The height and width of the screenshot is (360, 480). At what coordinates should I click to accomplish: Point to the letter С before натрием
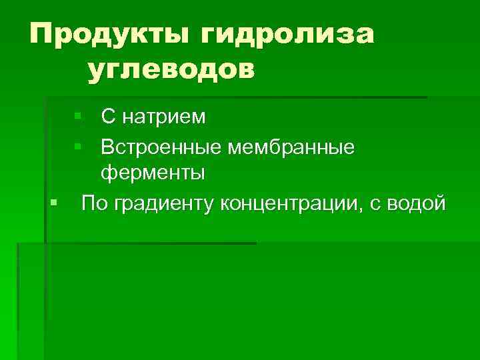[109, 117]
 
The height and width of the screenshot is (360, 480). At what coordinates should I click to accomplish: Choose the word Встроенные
[161, 145]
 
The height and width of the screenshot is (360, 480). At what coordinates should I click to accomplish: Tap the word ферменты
[153, 173]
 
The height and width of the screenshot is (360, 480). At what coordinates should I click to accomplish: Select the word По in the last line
[94, 202]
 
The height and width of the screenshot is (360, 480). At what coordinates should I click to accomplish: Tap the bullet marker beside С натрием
[78, 117]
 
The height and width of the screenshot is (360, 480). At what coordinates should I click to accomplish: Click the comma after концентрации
[362, 207]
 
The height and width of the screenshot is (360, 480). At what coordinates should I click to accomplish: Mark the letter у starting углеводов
[95, 71]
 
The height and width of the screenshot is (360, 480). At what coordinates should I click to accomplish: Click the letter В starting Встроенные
[107, 145]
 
